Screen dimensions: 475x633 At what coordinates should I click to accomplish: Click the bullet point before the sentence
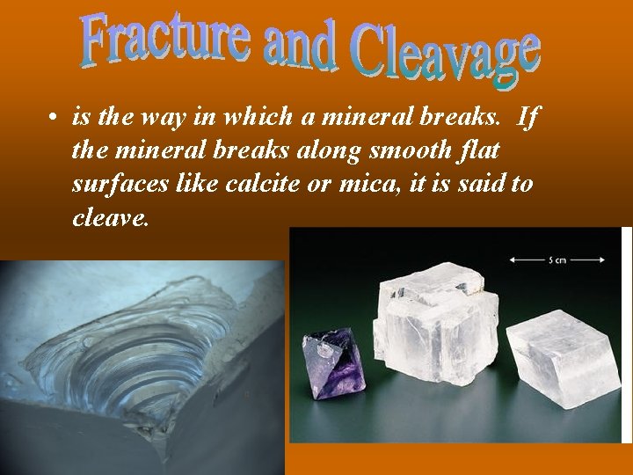coord(54,119)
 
